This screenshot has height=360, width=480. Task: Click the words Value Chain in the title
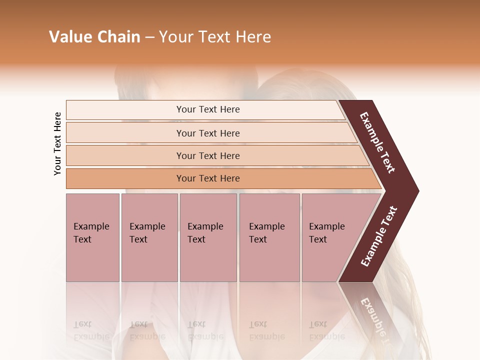pos(94,37)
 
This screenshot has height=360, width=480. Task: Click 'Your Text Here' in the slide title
pos(215,37)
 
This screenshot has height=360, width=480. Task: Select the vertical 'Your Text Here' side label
pos(57,143)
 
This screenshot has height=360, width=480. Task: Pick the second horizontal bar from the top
pos(208,133)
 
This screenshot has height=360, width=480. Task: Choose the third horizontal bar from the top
pos(208,155)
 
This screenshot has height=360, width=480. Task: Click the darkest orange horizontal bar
pos(208,178)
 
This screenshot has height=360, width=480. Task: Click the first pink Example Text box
pos(92,237)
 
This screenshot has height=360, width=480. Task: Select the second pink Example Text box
pos(149,237)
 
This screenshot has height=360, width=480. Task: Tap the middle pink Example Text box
pos(208,237)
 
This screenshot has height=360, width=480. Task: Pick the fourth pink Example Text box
pos(269,237)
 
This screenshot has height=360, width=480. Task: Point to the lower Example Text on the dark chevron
pos(379,236)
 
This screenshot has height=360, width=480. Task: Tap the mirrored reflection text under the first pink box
pos(90,330)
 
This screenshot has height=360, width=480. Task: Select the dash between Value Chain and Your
pos(149,37)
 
